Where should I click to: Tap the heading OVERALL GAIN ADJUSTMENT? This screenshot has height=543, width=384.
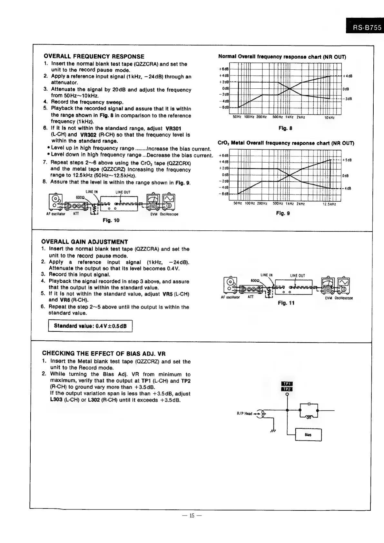tap(85, 242)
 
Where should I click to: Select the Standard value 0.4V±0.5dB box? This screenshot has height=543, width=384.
tap(90, 326)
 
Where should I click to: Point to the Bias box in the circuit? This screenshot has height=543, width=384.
tap(308, 435)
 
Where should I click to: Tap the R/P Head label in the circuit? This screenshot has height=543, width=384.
tap(244, 414)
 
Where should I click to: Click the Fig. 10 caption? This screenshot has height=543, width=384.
tap(111, 220)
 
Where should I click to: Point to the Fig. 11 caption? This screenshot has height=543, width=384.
tap(286, 303)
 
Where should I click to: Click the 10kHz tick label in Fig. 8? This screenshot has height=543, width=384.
tap(330, 118)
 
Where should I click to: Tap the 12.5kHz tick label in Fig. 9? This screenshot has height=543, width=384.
tap(329, 204)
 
